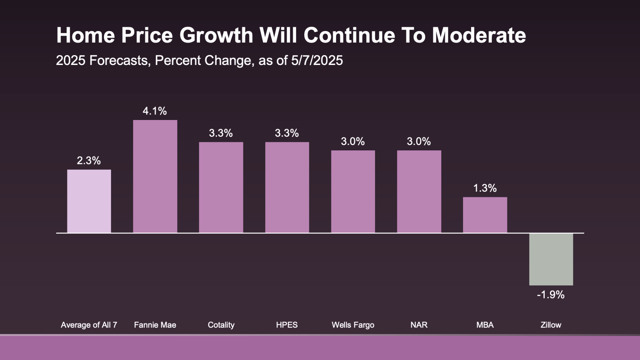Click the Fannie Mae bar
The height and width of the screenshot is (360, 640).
(155, 176)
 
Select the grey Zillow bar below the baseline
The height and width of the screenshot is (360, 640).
(551, 259)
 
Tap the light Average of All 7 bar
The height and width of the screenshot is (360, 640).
(89, 201)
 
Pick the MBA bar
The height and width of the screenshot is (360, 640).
(485, 215)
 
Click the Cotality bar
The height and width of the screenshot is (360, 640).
(221, 187)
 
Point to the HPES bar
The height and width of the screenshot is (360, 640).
(287, 187)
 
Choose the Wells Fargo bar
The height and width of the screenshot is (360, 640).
(353, 191)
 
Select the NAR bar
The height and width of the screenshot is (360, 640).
(419, 191)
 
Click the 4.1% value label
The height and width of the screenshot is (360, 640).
(155, 111)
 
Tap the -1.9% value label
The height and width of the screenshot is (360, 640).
(551, 295)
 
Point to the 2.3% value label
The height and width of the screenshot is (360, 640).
(89, 161)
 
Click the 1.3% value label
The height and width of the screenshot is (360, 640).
(485, 188)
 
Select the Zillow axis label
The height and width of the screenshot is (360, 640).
(551, 325)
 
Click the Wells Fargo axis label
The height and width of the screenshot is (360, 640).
(353, 325)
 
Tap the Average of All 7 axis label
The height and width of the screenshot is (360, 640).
(89, 325)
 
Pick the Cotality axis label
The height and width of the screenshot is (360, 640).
(221, 325)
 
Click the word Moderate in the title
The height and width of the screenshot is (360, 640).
(479, 35)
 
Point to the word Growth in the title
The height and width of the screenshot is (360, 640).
(216, 35)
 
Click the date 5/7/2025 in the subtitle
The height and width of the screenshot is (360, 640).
(317, 61)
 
